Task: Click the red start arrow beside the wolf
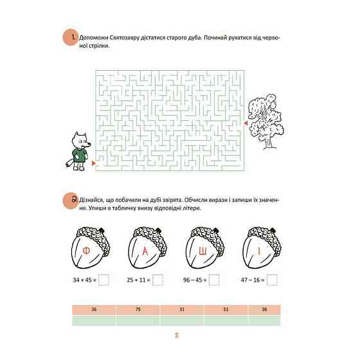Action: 93,163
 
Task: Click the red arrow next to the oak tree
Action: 246,123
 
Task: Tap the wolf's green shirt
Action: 80,155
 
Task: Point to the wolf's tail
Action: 69,163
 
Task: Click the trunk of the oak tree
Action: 269,142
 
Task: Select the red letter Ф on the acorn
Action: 86,251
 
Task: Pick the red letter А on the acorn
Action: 145,251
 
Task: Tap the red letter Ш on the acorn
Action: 203,252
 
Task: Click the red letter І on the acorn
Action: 259,251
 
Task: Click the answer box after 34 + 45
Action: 104,280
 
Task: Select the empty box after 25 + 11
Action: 157,280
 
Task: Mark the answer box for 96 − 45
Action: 214,280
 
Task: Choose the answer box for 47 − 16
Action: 272,280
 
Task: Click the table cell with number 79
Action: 138,310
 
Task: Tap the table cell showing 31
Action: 182,310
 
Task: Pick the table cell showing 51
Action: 226,310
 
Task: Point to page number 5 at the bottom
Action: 177,336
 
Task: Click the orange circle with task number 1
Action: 70,38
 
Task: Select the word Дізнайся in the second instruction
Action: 91,200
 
